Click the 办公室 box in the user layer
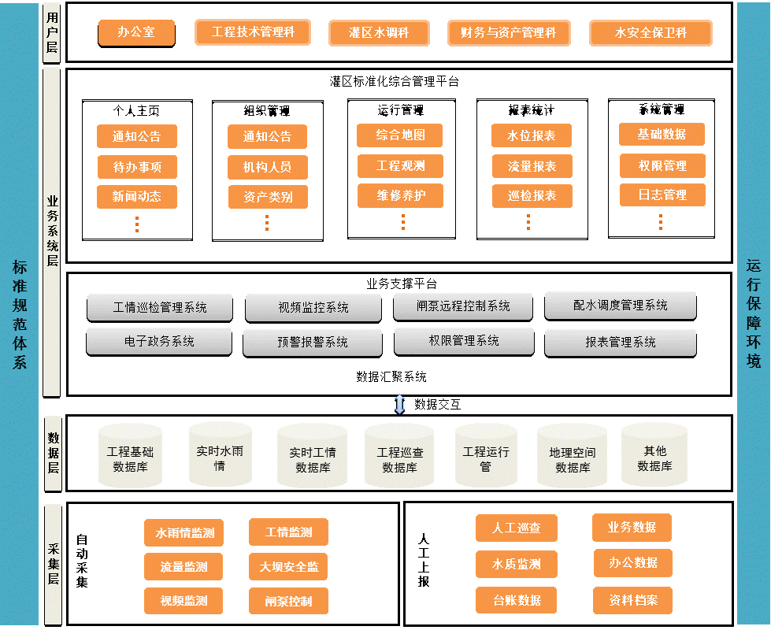pyautogui.click(x=136, y=33)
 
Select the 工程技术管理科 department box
pyautogui.click(x=253, y=32)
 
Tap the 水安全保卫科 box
pyautogui.click(x=651, y=33)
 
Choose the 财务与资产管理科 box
pyautogui.click(x=509, y=33)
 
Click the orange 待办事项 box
pyautogui.click(x=137, y=167)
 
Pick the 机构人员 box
pyautogui.click(x=268, y=167)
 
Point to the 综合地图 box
pyautogui.click(x=400, y=135)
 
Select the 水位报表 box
pyautogui.click(x=532, y=136)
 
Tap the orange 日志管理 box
pyautogui.click(x=662, y=195)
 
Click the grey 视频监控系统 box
pyautogui.click(x=313, y=307)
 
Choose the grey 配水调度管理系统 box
pyautogui.click(x=621, y=305)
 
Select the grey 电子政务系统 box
pyautogui.click(x=159, y=342)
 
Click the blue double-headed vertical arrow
pyautogui.click(x=399, y=404)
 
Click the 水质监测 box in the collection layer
pyautogui.click(x=517, y=564)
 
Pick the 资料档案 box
pyautogui.click(x=633, y=600)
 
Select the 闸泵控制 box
pyautogui.click(x=289, y=601)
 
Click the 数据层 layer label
pyautogui.click(x=53, y=453)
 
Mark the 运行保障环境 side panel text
pyautogui.click(x=754, y=313)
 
